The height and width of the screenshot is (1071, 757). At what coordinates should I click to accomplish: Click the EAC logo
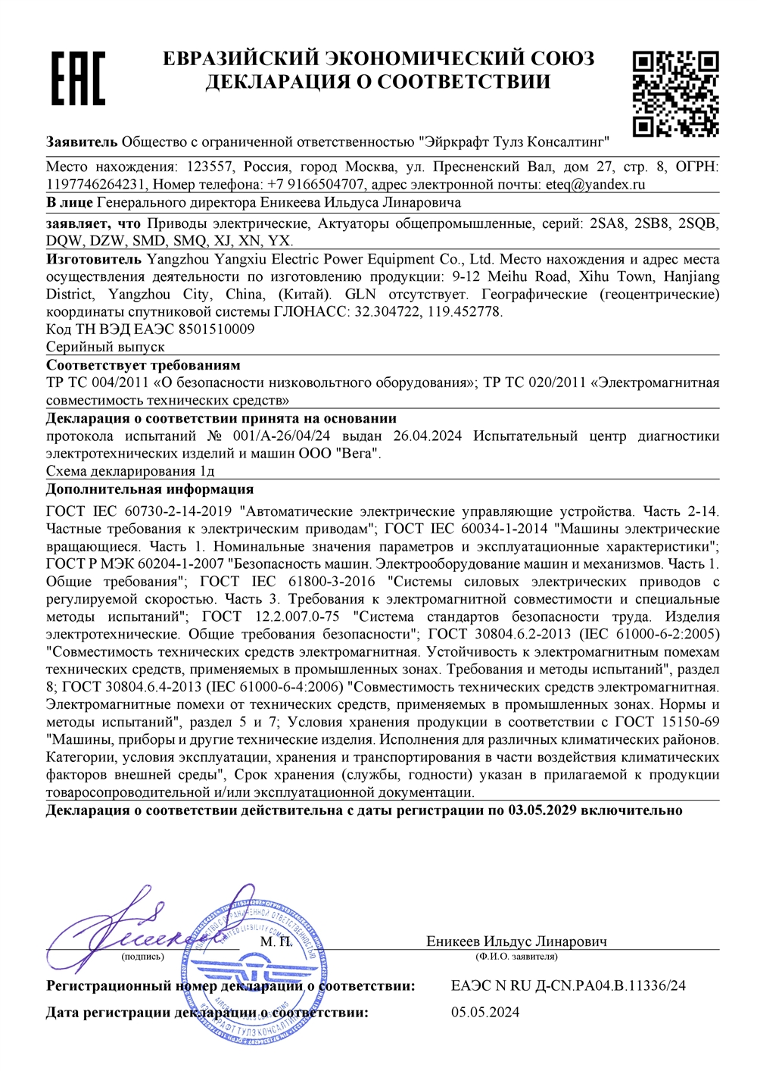tap(77, 78)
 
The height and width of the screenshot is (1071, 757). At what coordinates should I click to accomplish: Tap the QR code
tap(675, 93)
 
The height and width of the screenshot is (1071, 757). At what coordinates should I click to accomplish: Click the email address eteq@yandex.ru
tap(595, 184)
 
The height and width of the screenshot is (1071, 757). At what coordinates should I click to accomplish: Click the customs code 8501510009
tap(217, 329)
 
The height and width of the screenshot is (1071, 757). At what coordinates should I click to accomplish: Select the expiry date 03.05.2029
tap(543, 810)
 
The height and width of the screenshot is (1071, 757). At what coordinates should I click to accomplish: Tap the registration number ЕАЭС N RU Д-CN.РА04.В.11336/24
tap(568, 985)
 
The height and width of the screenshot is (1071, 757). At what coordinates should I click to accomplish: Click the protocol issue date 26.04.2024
tap(428, 436)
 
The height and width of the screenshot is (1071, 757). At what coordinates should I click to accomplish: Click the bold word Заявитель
tap(82, 142)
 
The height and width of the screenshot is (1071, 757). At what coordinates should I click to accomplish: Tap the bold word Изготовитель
tap(93, 259)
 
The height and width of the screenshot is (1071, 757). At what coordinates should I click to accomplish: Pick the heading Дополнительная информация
tap(150, 489)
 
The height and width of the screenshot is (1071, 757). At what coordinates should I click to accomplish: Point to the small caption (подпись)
tap(142, 957)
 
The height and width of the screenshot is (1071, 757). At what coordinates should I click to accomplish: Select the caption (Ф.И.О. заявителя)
tap(516, 957)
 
